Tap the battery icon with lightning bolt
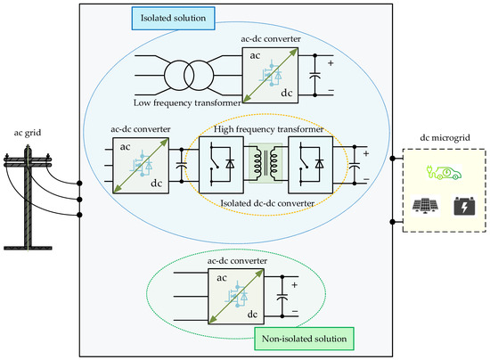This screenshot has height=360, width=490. [x=463, y=206]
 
